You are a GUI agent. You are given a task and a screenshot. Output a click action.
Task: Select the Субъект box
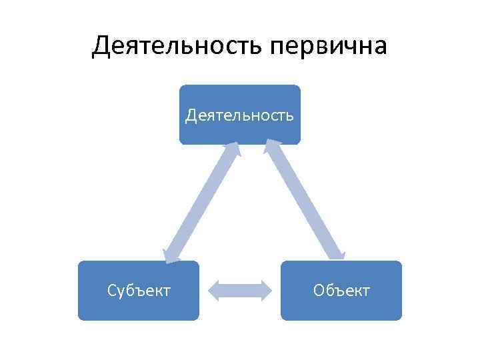pyautogui.click(x=138, y=291)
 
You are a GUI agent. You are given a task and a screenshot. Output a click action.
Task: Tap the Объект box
pyautogui.click(x=341, y=291)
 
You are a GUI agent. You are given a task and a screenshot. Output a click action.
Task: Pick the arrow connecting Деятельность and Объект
pyautogui.click(x=305, y=200)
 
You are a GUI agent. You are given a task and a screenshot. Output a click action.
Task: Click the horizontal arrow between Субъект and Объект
pyautogui.click(x=240, y=290)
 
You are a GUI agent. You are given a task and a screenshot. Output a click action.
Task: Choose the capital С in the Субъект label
pyautogui.click(x=112, y=291)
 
